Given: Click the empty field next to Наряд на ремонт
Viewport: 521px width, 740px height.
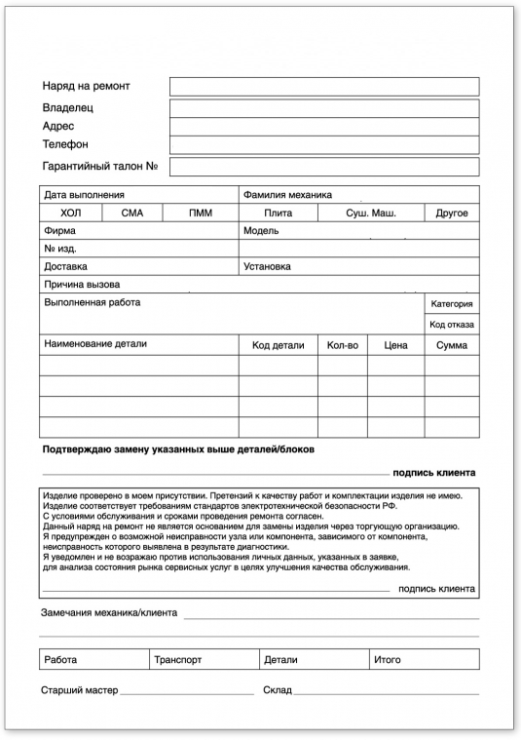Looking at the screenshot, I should click(x=323, y=87).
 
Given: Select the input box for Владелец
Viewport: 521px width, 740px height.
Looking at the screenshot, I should click(x=323, y=107).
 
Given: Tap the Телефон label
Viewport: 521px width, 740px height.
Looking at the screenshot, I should click(x=65, y=144).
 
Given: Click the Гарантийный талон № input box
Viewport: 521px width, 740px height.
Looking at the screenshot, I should click(x=323, y=167).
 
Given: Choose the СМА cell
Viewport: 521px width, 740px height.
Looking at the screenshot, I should click(x=132, y=213).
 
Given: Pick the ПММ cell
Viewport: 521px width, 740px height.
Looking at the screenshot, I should click(x=200, y=213).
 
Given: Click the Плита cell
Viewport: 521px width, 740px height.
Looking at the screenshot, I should click(x=278, y=213).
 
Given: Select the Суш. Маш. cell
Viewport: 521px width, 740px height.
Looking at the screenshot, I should click(x=371, y=213).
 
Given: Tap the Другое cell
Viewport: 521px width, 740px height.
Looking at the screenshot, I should click(x=451, y=213).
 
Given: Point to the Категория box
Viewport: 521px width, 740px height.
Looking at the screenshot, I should click(x=451, y=304).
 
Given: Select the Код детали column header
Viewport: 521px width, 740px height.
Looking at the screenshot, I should click(x=278, y=345).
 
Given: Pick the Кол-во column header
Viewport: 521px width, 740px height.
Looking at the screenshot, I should click(x=342, y=345).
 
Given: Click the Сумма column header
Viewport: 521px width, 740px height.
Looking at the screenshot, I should click(x=451, y=345).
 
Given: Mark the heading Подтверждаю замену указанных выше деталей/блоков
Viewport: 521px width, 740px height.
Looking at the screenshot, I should click(x=179, y=449).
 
